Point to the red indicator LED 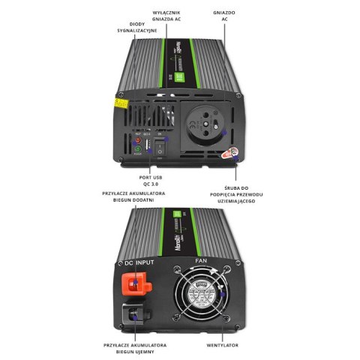pos(138,139)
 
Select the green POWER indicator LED pos(138,150)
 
